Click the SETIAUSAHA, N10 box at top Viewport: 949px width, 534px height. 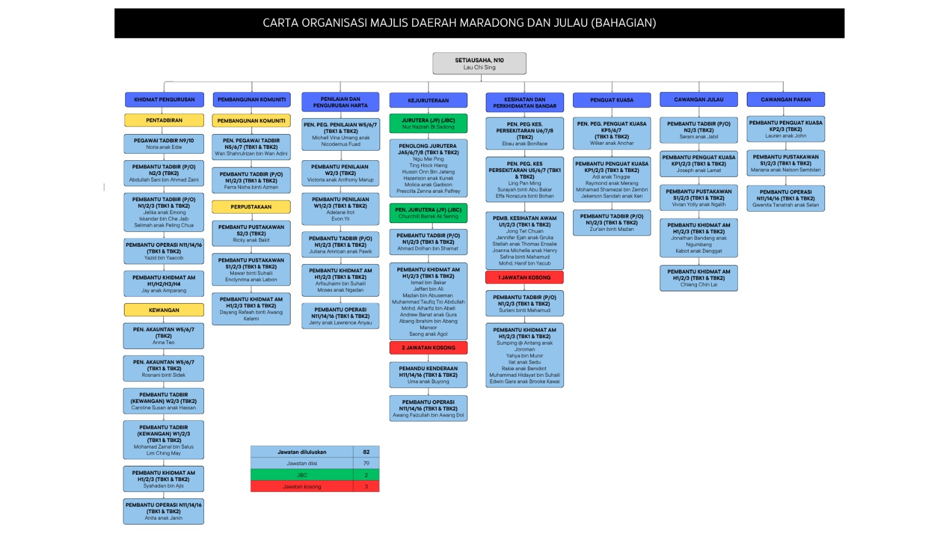tap(479, 63)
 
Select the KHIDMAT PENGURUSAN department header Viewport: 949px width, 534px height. tap(164, 100)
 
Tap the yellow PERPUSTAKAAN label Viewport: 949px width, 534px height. tap(251, 207)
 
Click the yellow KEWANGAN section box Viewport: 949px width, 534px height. tap(164, 310)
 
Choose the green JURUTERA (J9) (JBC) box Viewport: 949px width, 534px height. tap(428, 123)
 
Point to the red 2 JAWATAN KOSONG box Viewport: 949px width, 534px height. tap(428, 348)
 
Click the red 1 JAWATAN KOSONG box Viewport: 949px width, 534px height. tap(524, 277)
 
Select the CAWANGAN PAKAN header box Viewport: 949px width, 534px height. tap(785, 100)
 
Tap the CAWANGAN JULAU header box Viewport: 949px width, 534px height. tap(699, 100)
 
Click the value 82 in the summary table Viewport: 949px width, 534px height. tap(366, 452)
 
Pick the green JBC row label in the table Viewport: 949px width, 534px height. tap(302, 475)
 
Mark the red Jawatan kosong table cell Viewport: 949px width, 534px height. tap(302, 487)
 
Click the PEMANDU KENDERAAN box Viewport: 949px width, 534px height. tap(428, 375)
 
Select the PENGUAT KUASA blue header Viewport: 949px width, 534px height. tap(612, 100)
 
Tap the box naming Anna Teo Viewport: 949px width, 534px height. tap(164, 336)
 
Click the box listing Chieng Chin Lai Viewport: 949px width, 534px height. tap(699, 278)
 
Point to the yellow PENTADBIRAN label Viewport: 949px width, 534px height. tap(164, 120)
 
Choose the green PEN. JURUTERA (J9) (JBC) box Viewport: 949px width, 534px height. tap(428, 213)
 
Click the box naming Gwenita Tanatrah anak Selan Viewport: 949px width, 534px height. tap(785, 199)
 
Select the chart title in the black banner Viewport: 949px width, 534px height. tap(459, 23)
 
